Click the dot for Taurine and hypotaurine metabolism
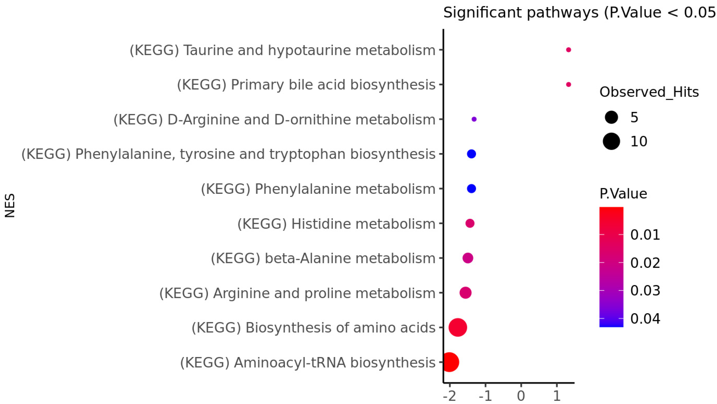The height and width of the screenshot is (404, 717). click(x=568, y=50)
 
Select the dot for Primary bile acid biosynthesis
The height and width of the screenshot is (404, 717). click(x=568, y=84)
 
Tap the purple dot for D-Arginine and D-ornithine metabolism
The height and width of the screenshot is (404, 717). click(x=474, y=119)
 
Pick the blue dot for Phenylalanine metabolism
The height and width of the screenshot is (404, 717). click(x=471, y=188)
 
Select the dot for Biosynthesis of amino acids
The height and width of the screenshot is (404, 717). click(x=458, y=327)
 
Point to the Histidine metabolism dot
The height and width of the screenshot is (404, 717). click(x=470, y=223)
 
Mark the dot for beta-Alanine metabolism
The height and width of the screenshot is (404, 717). click(x=468, y=258)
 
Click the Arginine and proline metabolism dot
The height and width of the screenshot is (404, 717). click(x=465, y=293)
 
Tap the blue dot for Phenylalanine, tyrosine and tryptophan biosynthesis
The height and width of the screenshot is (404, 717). click(x=471, y=154)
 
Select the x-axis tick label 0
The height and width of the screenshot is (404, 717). click(x=521, y=396)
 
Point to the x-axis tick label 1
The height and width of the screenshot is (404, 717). click(x=557, y=396)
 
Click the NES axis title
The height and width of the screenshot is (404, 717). click(x=10, y=205)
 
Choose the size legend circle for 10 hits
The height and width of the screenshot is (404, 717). click(x=611, y=141)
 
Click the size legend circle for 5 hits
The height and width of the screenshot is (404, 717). click(x=611, y=117)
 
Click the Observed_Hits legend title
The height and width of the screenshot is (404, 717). click(x=649, y=92)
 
